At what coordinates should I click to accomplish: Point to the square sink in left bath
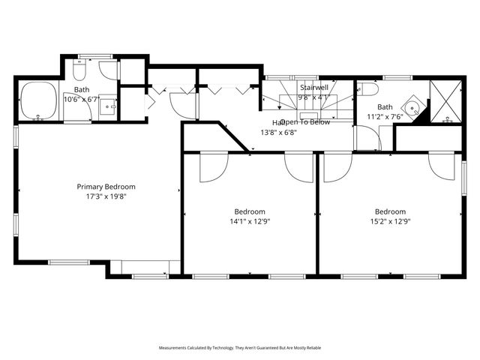[109, 106]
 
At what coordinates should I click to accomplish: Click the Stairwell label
[314, 87]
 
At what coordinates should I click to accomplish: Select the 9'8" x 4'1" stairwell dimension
[313, 97]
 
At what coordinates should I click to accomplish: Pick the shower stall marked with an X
[447, 101]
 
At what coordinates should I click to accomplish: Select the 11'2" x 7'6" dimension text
[385, 116]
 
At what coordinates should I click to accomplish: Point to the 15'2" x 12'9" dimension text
[390, 221]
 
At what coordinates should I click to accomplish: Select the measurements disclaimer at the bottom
[239, 348]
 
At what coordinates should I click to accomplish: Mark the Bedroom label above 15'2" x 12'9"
[390, 211]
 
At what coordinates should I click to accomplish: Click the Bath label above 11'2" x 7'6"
[385, 106]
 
